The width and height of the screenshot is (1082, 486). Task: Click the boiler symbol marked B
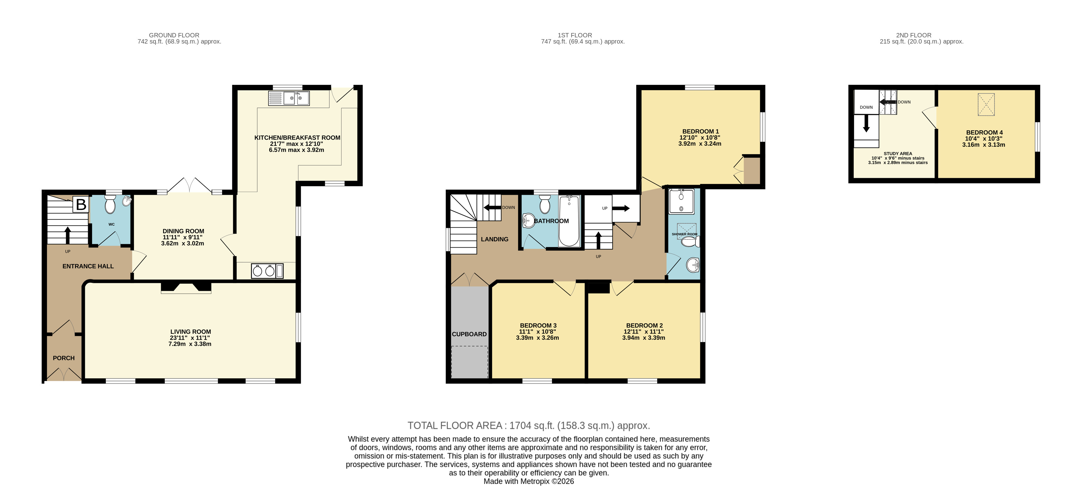pos(81,205)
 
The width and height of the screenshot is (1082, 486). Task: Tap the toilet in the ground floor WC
pos(110,205)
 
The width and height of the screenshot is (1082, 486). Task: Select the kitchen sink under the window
pos(289,98)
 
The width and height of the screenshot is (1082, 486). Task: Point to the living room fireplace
pos(186,287)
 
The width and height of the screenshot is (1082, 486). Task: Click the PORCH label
pos(64,358)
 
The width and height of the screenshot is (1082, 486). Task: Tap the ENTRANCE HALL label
pos(88,266)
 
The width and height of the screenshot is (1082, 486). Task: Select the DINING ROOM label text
pos(184,231)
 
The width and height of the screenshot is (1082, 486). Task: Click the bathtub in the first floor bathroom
pos(569,221)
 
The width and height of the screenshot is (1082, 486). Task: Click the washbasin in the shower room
pos(693,265)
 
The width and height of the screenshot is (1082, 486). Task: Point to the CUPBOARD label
pos(469,334)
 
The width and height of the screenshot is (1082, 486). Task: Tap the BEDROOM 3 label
pos(538,325)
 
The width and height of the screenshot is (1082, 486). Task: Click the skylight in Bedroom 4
pos(986,104)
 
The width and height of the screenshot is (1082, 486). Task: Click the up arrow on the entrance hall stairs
pos(68,235)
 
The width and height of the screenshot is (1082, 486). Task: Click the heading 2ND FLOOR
pos(914,35)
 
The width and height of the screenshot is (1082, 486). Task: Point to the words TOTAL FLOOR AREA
pos(455,425)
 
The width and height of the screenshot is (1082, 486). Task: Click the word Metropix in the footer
pos(535,481)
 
